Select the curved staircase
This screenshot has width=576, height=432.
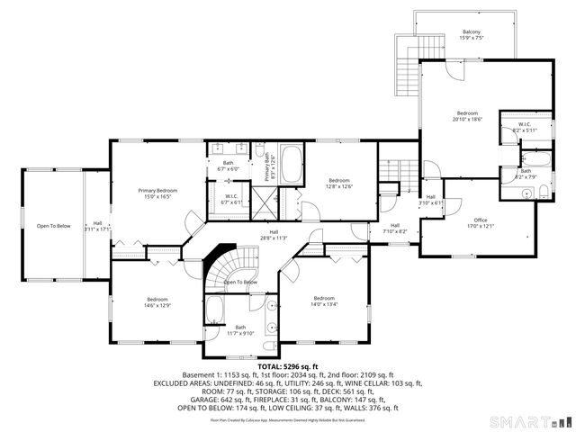(x=225, y=268)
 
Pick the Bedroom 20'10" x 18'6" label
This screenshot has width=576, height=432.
(x=467, y=116)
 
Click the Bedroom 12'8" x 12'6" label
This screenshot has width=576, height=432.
(x=338, y=184)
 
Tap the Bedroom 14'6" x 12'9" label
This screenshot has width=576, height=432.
(x=157, y=302)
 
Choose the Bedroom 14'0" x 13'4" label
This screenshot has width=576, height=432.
(x=324, y=301)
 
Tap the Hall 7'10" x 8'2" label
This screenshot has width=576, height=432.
(x=395, y=229)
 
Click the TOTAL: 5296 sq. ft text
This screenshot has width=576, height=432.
(x=288, y=366)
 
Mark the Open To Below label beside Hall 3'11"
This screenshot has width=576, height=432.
(x=53, y=226)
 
